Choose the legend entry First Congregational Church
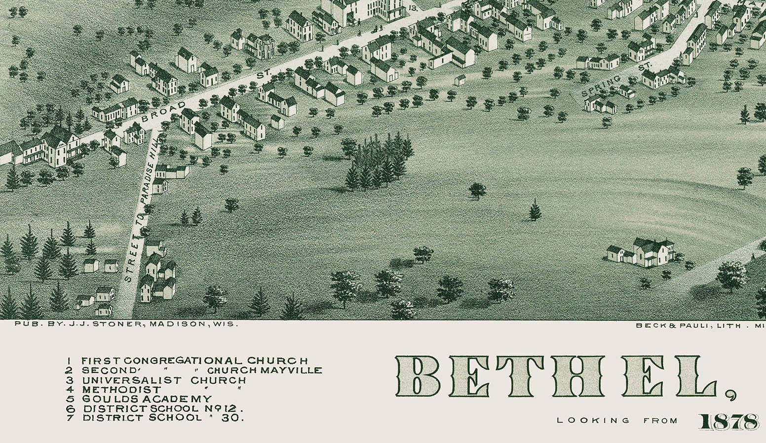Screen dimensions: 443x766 pyautogui.click(x=194, y=361)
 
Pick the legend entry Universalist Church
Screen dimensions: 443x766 pyautogui.click(x=163, y=380)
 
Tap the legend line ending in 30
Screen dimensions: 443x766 pyautogui.click(x=163, y=418)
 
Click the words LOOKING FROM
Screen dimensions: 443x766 pyautogui.click(x=617, y=421)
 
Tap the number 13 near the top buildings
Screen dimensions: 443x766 pyautogui.click(x=413, y=8)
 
